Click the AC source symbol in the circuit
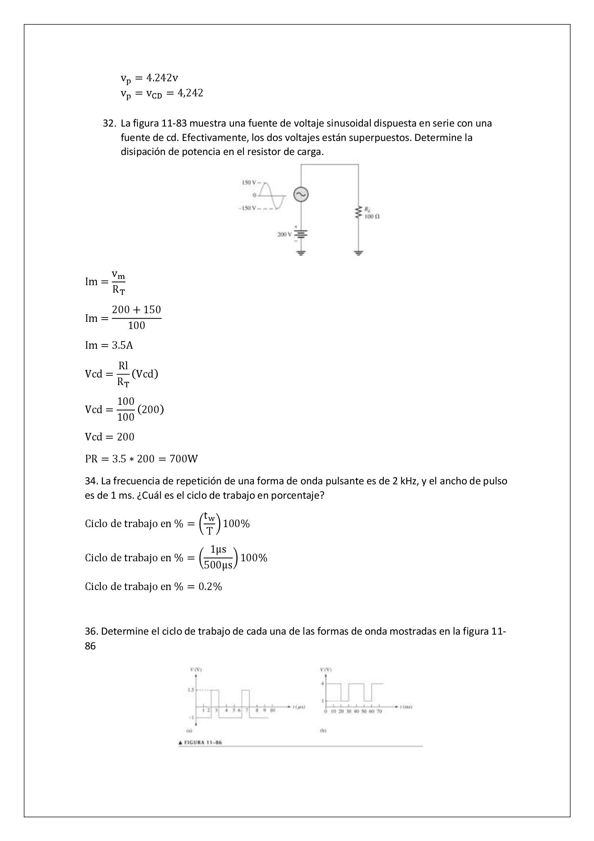tap(301, 195)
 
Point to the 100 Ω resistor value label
tap(372, 216)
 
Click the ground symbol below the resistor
tap(358, 252)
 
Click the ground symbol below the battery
tap(301, 252)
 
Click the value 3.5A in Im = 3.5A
tap(122, 345)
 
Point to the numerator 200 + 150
tap(136, 310)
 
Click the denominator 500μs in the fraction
tap(218, 565)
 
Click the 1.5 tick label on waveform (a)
tap(190, 690)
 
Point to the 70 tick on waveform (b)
tap(379, 711)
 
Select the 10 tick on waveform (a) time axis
tap(272, 710)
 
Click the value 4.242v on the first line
tap(162, 78)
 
